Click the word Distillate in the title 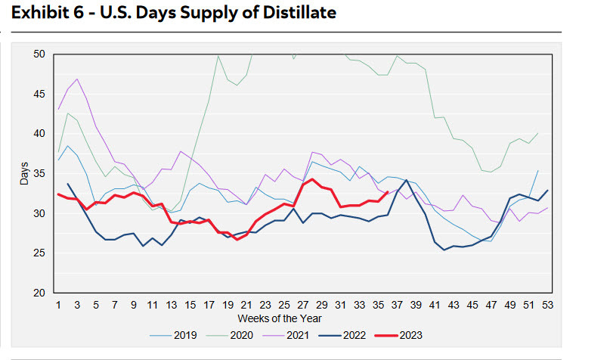pyautogui.click(x=296, y=13)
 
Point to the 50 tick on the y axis pyautogui.click(x=39, y=54)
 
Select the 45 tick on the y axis pyautogui.click(x=39, y=94)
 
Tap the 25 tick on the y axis pyautogui.click(x=39, y=253)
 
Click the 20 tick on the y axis pyautogui.click(x=39, y=293)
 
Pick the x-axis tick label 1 pyautogui.click(x=59, y=305)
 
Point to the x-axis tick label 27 pyautogui.click(x=303, y=305)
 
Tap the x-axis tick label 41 pyautogui.click(x=435, y=305)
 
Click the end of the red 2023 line pyautogui.click(x=388, y=192)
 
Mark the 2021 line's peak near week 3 pyautogui.click(x=77, y=79)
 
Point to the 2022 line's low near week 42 pyautogui.click(x=444, y=250)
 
